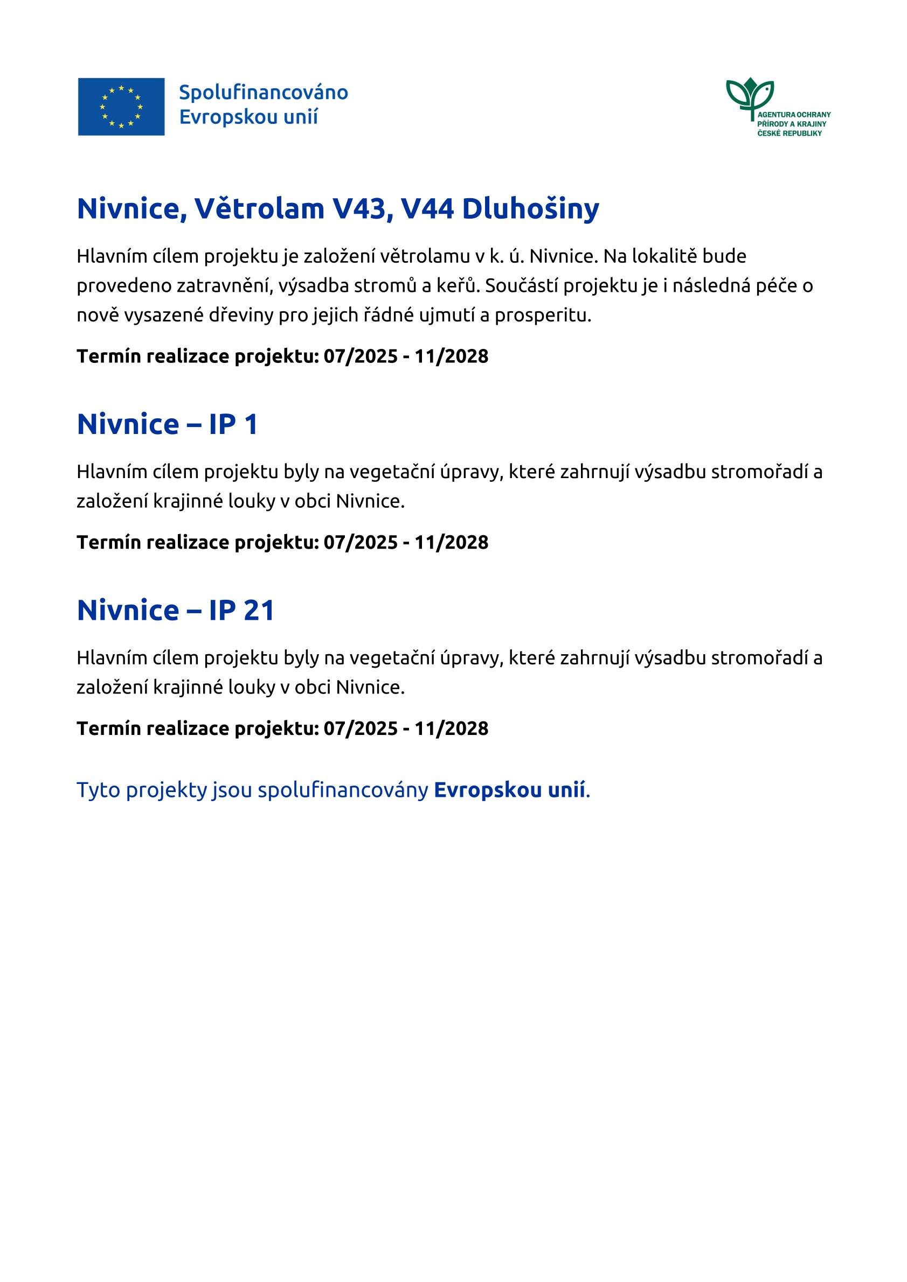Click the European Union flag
[121, 107]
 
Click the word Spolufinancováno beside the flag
[263, 93]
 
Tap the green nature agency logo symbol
[750, 96]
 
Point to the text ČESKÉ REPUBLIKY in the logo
[789, 134]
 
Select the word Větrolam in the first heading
[259, 209]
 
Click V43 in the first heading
[359, 209]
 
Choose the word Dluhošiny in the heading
[530, 209]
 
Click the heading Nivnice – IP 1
[167, 424]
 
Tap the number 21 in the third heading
[259, 610]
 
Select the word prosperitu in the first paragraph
[542, 316]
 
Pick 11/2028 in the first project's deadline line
[451, 356]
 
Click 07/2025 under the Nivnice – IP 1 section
[361, 542]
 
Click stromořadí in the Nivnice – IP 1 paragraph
[759, 472]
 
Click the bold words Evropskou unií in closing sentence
[509, 790]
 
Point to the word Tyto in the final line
[99, 790]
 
